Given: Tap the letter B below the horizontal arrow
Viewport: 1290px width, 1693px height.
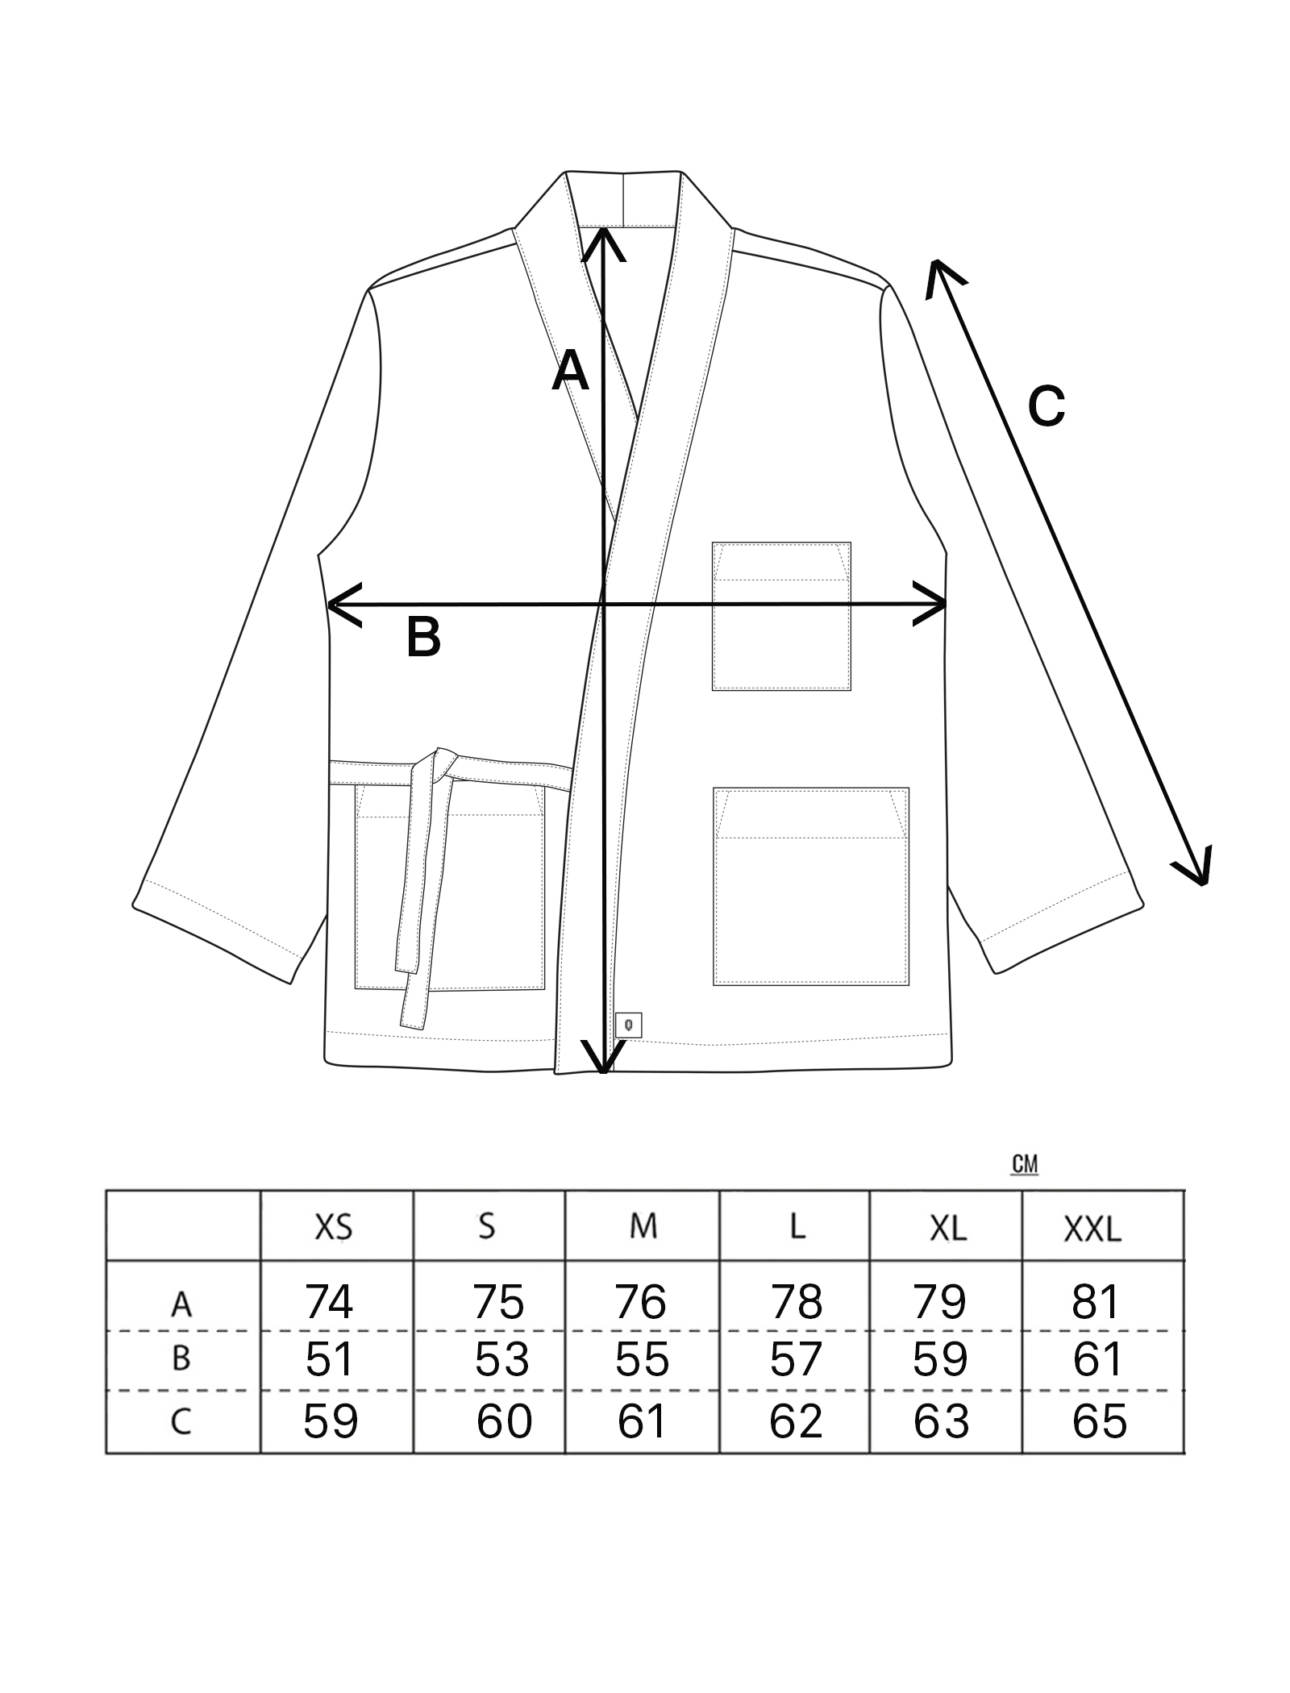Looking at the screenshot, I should [x=423, y=637].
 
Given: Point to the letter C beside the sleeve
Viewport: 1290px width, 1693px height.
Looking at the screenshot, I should [x=1047, y=406].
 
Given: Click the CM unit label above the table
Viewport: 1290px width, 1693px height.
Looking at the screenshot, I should [x=1024, y=1165].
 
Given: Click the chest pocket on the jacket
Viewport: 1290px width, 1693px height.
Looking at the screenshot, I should [x=780, y=616].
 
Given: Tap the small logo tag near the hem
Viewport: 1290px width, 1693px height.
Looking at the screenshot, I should [x=628, y=1025].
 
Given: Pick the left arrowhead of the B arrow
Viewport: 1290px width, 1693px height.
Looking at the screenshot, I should [x=339, y=605].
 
